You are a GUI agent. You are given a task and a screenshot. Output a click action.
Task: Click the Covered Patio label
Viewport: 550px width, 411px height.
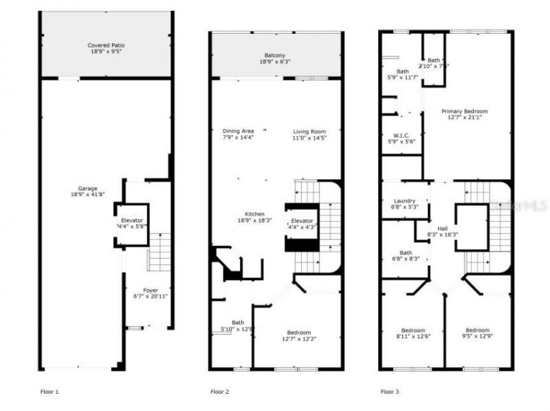click(106, 45)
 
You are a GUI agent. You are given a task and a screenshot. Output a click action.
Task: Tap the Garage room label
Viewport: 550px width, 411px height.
click(87, 189)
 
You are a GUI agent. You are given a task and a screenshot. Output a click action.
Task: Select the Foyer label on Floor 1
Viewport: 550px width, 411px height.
click(151, 290)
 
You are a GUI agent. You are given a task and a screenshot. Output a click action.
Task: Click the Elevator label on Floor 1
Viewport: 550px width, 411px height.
click(132, 220)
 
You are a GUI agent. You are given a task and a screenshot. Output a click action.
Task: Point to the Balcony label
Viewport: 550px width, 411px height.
click(275, 56)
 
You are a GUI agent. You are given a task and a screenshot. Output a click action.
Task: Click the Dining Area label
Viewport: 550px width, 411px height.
click(238, 131)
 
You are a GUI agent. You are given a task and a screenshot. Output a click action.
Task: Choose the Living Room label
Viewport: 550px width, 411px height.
click(309, 131)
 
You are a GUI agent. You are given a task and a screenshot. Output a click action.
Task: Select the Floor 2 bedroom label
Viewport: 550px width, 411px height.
click(298, 333)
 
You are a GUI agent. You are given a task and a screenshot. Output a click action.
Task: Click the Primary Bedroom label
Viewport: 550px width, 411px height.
click(464, 111)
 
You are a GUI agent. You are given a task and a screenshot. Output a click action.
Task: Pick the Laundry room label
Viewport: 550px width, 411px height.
click(404, 200)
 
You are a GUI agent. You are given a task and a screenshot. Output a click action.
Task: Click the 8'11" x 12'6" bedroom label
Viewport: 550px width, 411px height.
click(413, 330)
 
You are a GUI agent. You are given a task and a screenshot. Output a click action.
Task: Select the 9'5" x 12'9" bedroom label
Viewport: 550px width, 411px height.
click(477, 330)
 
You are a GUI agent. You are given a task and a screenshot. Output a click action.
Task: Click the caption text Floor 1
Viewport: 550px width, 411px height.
click(49, 392)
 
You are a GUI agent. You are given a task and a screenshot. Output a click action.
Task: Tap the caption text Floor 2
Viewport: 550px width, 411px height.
click(219, 392)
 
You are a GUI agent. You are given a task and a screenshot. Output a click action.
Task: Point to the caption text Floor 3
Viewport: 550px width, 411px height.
click(390, 392)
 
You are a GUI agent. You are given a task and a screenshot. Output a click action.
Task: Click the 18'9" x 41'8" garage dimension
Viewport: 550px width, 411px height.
click(87, 195)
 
